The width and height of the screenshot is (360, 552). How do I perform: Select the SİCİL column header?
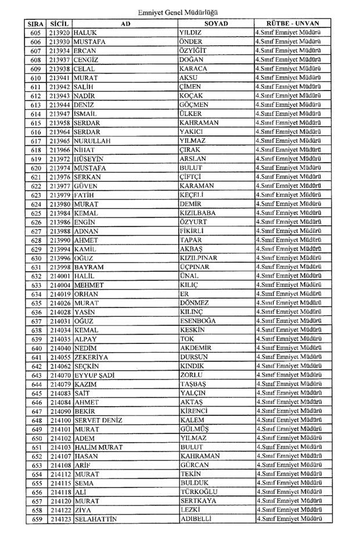pos(60,23)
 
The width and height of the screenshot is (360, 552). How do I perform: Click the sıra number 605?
pos(36,33)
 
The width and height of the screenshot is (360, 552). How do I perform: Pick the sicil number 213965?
pos(60,141)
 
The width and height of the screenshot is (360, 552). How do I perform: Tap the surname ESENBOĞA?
pos(198,321)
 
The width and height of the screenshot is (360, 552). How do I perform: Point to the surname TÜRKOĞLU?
pos(199,492)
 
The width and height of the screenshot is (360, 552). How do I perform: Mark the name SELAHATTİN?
pos(95,519)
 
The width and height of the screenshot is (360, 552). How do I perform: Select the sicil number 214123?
pos(60,519)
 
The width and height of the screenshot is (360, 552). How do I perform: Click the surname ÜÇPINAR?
pos(195,267)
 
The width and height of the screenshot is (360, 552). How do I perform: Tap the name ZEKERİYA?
pos(91,357)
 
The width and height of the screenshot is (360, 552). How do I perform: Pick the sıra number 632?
pos(36,276)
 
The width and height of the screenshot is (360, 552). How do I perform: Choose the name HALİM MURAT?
pos(98,447)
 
